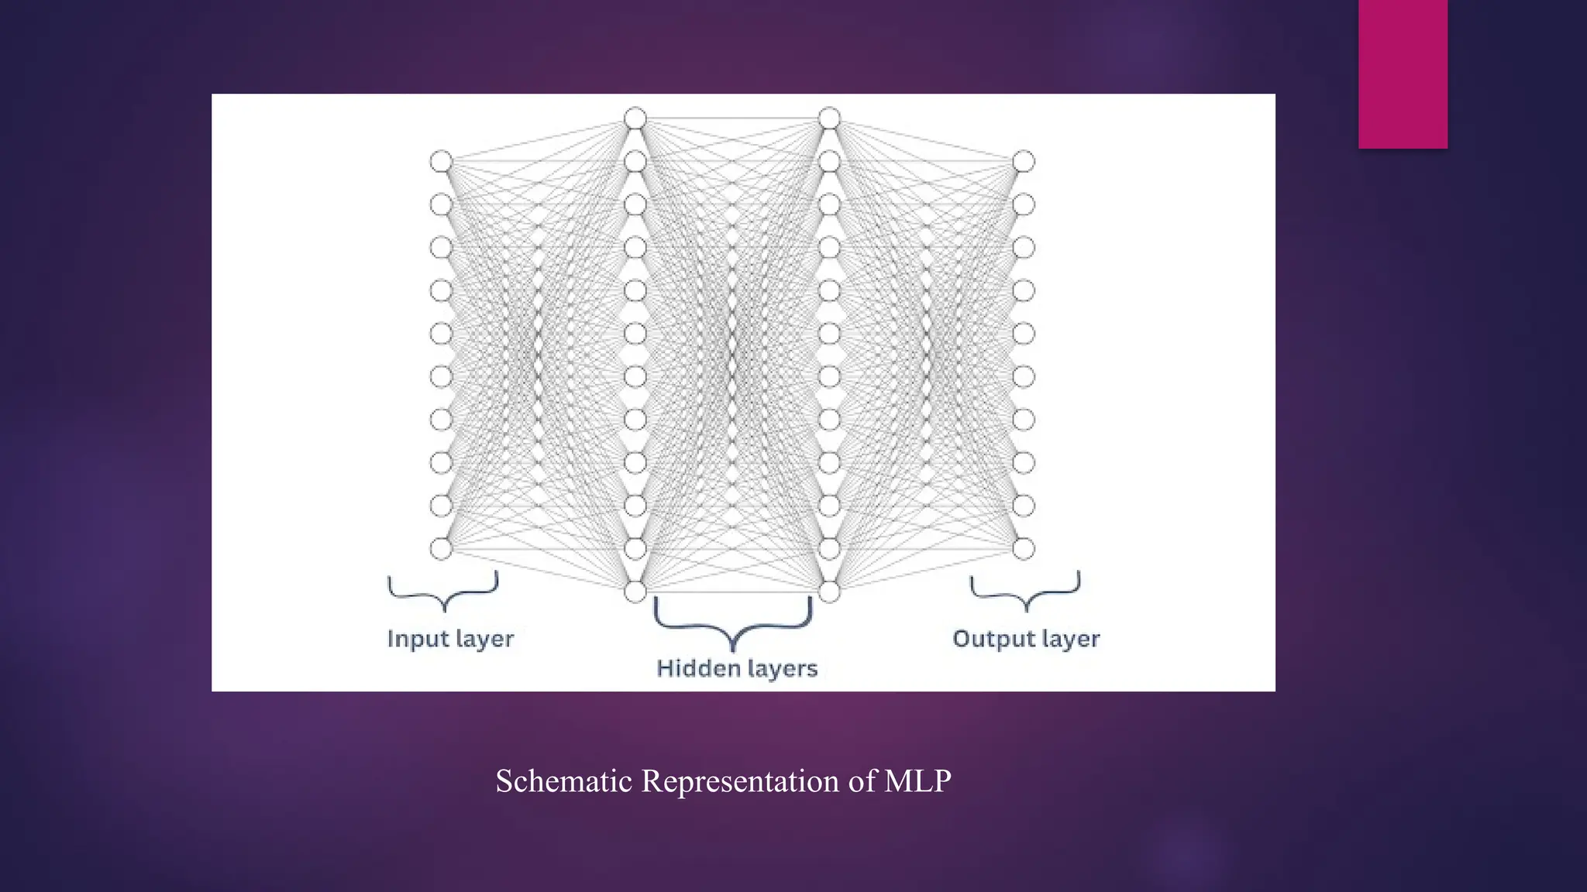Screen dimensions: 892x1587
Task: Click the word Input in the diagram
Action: click(x=418, y=640)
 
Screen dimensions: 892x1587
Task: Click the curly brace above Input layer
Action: click(x=443, y=592)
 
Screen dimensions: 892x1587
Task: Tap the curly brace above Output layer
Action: click(x=1025, y=592)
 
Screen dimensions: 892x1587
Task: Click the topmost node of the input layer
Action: click(x=441, y=161)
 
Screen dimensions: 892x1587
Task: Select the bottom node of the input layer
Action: click(x=441, y=549)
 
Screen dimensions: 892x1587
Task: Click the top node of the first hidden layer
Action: click(x=635, y=118)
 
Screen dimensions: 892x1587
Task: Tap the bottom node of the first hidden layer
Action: click(x=635, y=592)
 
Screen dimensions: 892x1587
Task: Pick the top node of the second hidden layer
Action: click(x=829, y=118)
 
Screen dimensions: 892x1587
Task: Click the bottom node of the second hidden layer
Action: click(x=829, y=592)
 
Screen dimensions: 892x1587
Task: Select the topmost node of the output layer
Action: click(x=1024, y=161)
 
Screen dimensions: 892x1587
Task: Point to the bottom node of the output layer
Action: click(x=1024, y=549)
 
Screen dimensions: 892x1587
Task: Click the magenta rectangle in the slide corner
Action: click(x=1403, y=74)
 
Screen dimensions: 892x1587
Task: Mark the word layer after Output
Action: click(x=1071, y=640)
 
